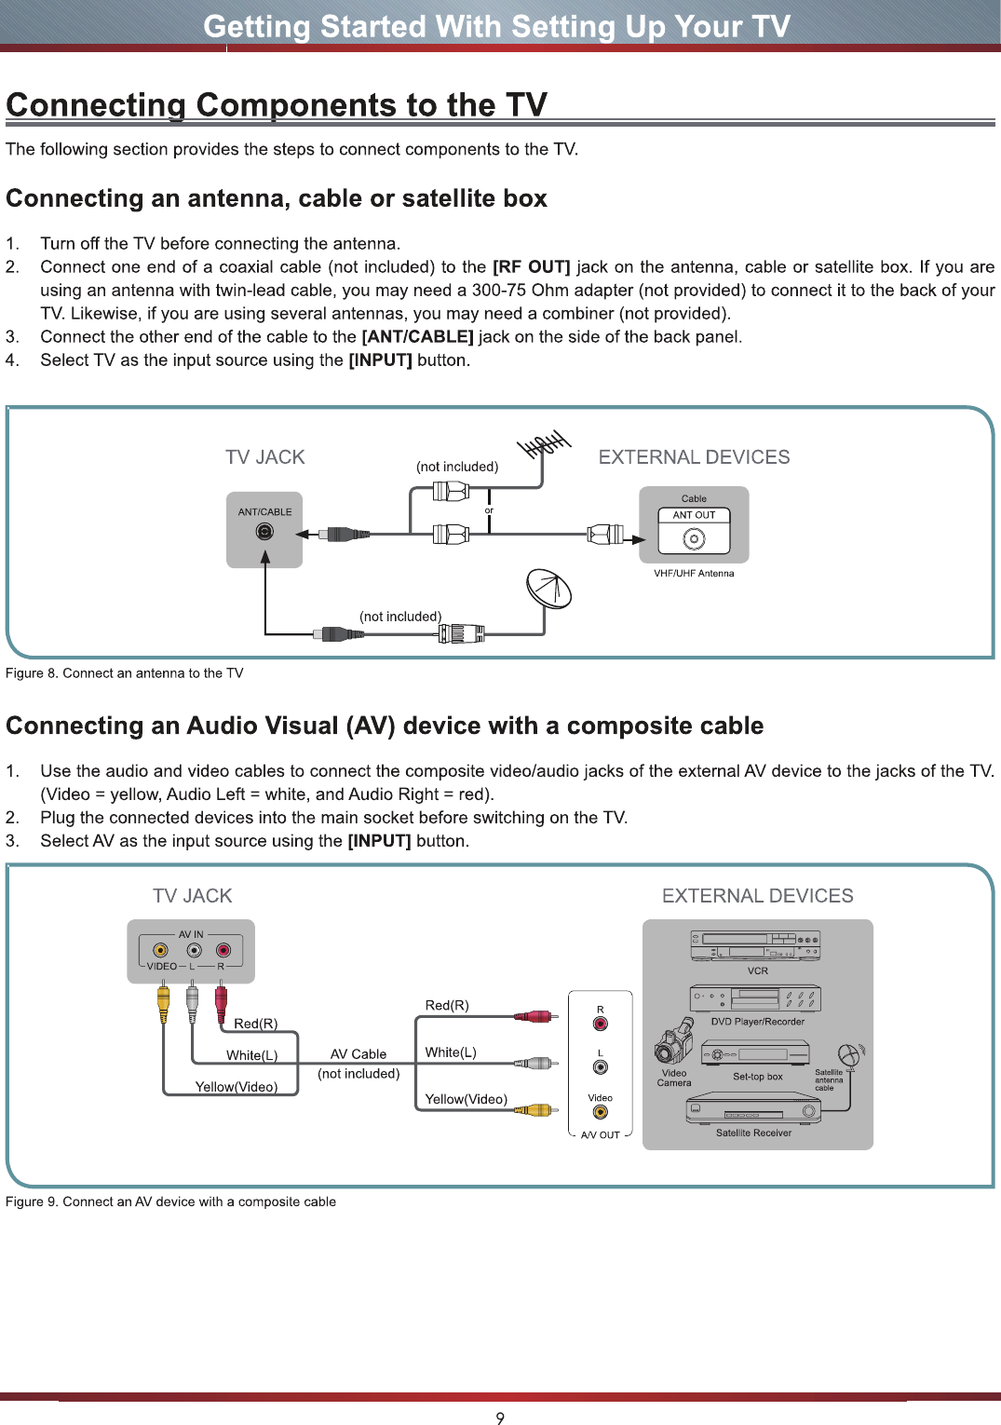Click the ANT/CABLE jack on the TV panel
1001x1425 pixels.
(x=264, y=531)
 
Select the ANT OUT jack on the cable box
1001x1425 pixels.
(x=694, y=539)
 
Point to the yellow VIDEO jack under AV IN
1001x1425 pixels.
(x=161, y=950)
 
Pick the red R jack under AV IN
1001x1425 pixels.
(x=223, y=950)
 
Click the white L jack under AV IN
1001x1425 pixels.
(x=194, y=950)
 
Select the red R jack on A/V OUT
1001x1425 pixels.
(x=600, y=1024)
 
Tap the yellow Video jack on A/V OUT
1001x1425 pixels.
(x=600, y=1112)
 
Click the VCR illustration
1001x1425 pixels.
(x=755, y=946)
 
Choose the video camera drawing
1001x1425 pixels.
(x=673, y=1040)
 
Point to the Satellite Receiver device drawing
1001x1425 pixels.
(x=753, y=1109)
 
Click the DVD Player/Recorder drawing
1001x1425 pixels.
(x=755, y=998)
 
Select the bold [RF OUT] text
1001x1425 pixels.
(x=532, y=267)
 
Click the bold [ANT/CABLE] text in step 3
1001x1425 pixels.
(x=418, y=336)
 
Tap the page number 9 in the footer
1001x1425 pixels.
(x=500, y=1418)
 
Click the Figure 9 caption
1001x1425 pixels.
(x=170, y=1201)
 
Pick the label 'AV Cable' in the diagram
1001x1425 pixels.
(x=358, y=1054)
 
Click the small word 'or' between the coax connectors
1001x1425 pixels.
(x=489, y=510)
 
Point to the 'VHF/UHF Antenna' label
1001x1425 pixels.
(x=694, y=573)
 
